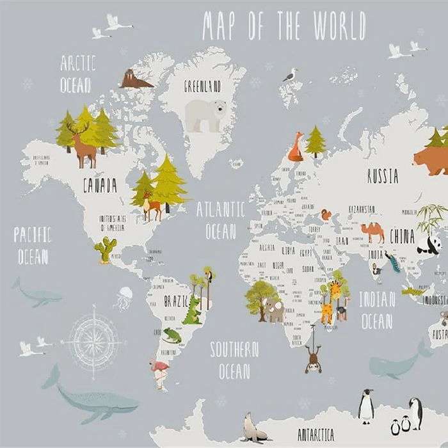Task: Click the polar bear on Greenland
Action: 206,115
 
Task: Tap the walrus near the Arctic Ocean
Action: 134,79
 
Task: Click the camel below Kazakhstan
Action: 372,232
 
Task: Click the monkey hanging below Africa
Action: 313,359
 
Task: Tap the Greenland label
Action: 202,86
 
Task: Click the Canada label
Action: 100,186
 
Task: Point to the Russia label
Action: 383,176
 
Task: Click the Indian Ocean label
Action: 376,310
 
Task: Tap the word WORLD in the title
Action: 339,26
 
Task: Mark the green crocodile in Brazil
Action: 191,312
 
